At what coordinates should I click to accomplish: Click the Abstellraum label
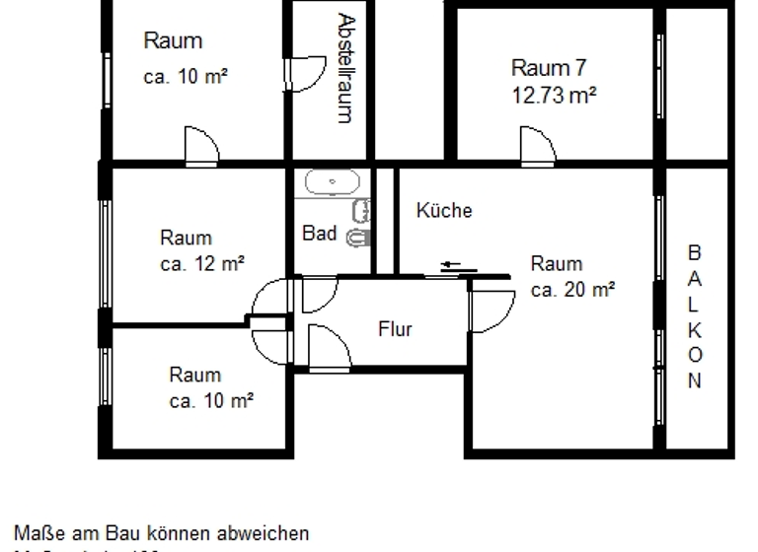[x=344, y=68]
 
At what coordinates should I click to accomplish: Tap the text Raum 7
[x=549, y=68]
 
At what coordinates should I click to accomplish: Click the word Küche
[x=444, y=210]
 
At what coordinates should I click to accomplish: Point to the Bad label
[x=320, y=234]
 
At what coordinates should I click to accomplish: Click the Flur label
[x=395, y=329]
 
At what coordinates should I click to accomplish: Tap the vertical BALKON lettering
[x=695, y=316]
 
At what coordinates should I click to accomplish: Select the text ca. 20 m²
[x=572, y=290]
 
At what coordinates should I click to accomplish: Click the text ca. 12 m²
[x=202, y=263]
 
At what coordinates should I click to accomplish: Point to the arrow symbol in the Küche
[x=451, y=264]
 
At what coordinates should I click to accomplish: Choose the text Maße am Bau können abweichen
[x=161, y=533]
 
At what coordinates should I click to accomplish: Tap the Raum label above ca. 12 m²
[x=186, y=238]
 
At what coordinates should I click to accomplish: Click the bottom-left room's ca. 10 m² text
[x=211, y=400]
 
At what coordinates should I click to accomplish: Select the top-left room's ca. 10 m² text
[x=187, y=78]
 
